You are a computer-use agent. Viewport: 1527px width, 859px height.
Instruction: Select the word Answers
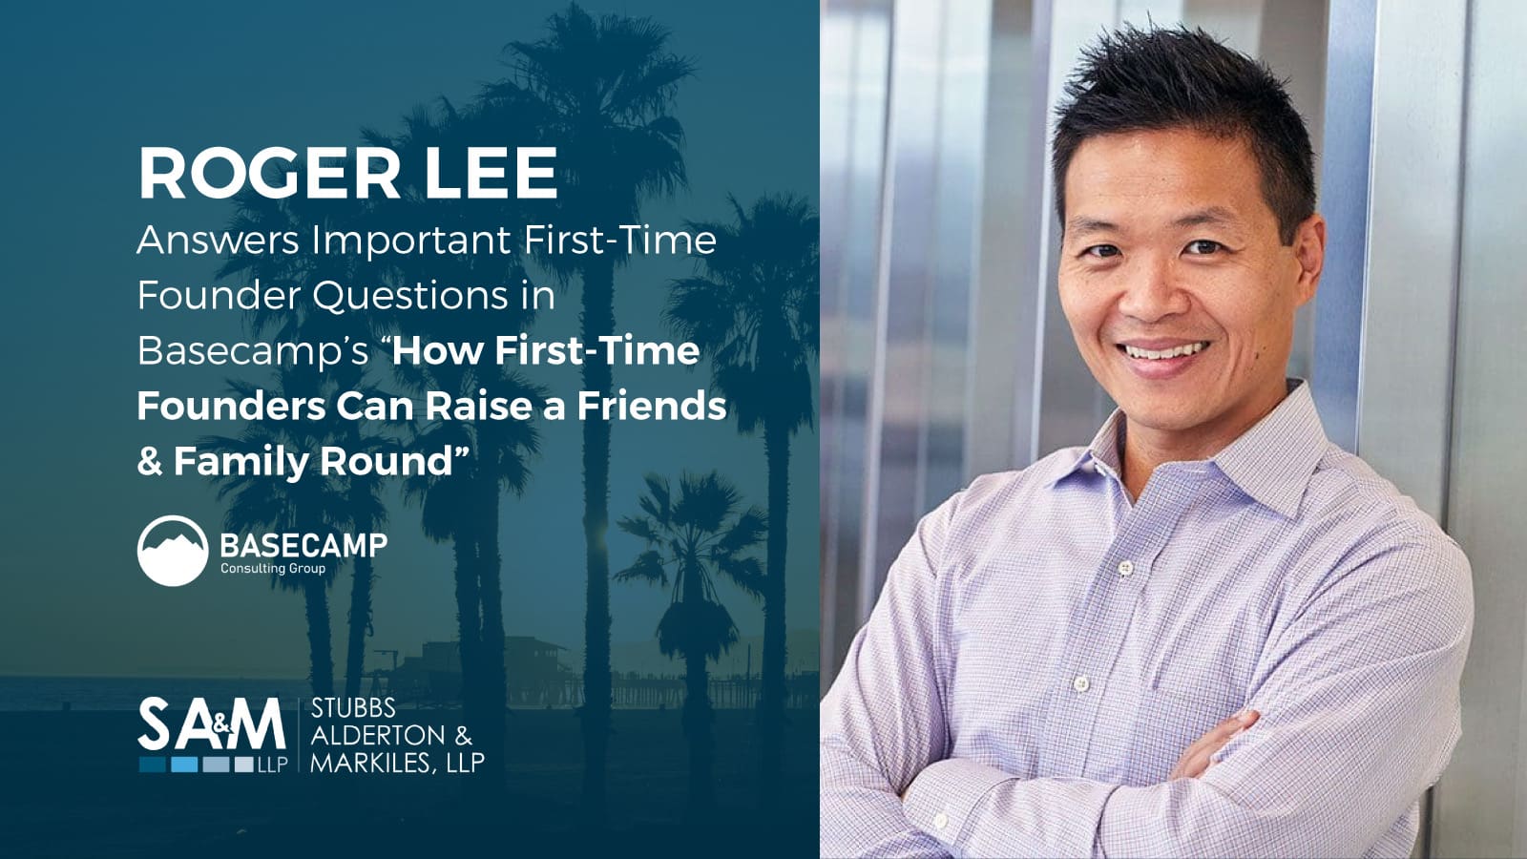[219, 240]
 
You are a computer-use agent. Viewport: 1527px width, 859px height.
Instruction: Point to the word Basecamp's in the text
[253, 352]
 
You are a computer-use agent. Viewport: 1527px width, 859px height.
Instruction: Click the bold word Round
[387, 462]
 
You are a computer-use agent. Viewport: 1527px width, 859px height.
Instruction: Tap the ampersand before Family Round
[150, 462]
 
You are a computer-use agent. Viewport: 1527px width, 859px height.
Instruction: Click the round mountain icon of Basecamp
[173, 551]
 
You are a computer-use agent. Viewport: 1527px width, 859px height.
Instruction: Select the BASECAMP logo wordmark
[303, 545]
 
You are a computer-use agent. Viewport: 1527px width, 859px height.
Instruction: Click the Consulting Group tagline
[273, 569]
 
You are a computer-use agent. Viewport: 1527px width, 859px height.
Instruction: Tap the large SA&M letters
[211, 724]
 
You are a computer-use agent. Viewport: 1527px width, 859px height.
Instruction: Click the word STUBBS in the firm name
[353, 709]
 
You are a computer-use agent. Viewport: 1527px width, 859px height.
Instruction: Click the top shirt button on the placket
[1125, 567]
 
